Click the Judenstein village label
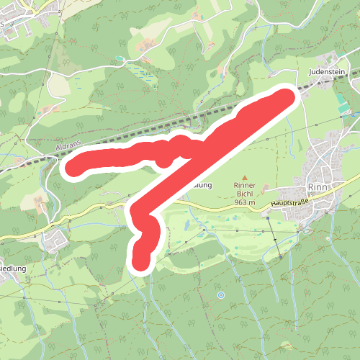click(x=328, y=73)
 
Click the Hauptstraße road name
click(x=289, y=204)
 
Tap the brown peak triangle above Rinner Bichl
click(x=245, y=177)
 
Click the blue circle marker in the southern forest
click(x=221, y=294)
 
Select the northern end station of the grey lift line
click(x=267, y=210)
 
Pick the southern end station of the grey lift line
click(x=280, y=257)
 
